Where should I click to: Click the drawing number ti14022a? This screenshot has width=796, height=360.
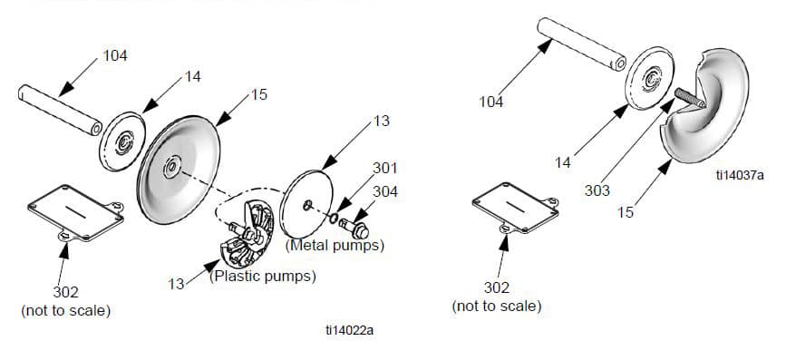(x=349, y=330)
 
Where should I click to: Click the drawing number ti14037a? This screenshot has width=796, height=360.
(x=740, y=175)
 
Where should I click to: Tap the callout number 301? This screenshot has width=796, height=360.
(x=385, y=168)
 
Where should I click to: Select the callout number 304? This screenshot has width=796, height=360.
(x=385, y=192)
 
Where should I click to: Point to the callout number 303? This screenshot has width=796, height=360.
(x=597, y=191)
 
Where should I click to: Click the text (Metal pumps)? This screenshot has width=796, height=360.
(x=335, y=246)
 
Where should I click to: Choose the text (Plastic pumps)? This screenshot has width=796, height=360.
(x=262, y=277)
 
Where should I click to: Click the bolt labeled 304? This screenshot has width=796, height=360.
(x=354, y=229)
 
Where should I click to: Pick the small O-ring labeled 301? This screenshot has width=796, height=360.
(x=333, y=219)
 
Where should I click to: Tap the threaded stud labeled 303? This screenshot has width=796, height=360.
(x=690, y=98)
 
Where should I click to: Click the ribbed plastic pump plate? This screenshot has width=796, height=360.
(x=248, y=234)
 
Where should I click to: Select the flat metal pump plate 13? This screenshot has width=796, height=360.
(x=306, y=204)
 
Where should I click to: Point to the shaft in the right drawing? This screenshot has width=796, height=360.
(x=581, y=44)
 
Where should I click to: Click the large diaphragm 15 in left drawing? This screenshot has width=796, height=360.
(x=179, y=170)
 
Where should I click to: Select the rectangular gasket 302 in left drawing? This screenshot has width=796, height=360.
(x=75, y=213)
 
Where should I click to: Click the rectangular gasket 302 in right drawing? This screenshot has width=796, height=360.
(x=516, y=208)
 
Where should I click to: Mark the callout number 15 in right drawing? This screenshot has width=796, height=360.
(x=626, y=212)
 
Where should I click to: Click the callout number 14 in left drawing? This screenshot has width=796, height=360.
(x=192, y=77)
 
